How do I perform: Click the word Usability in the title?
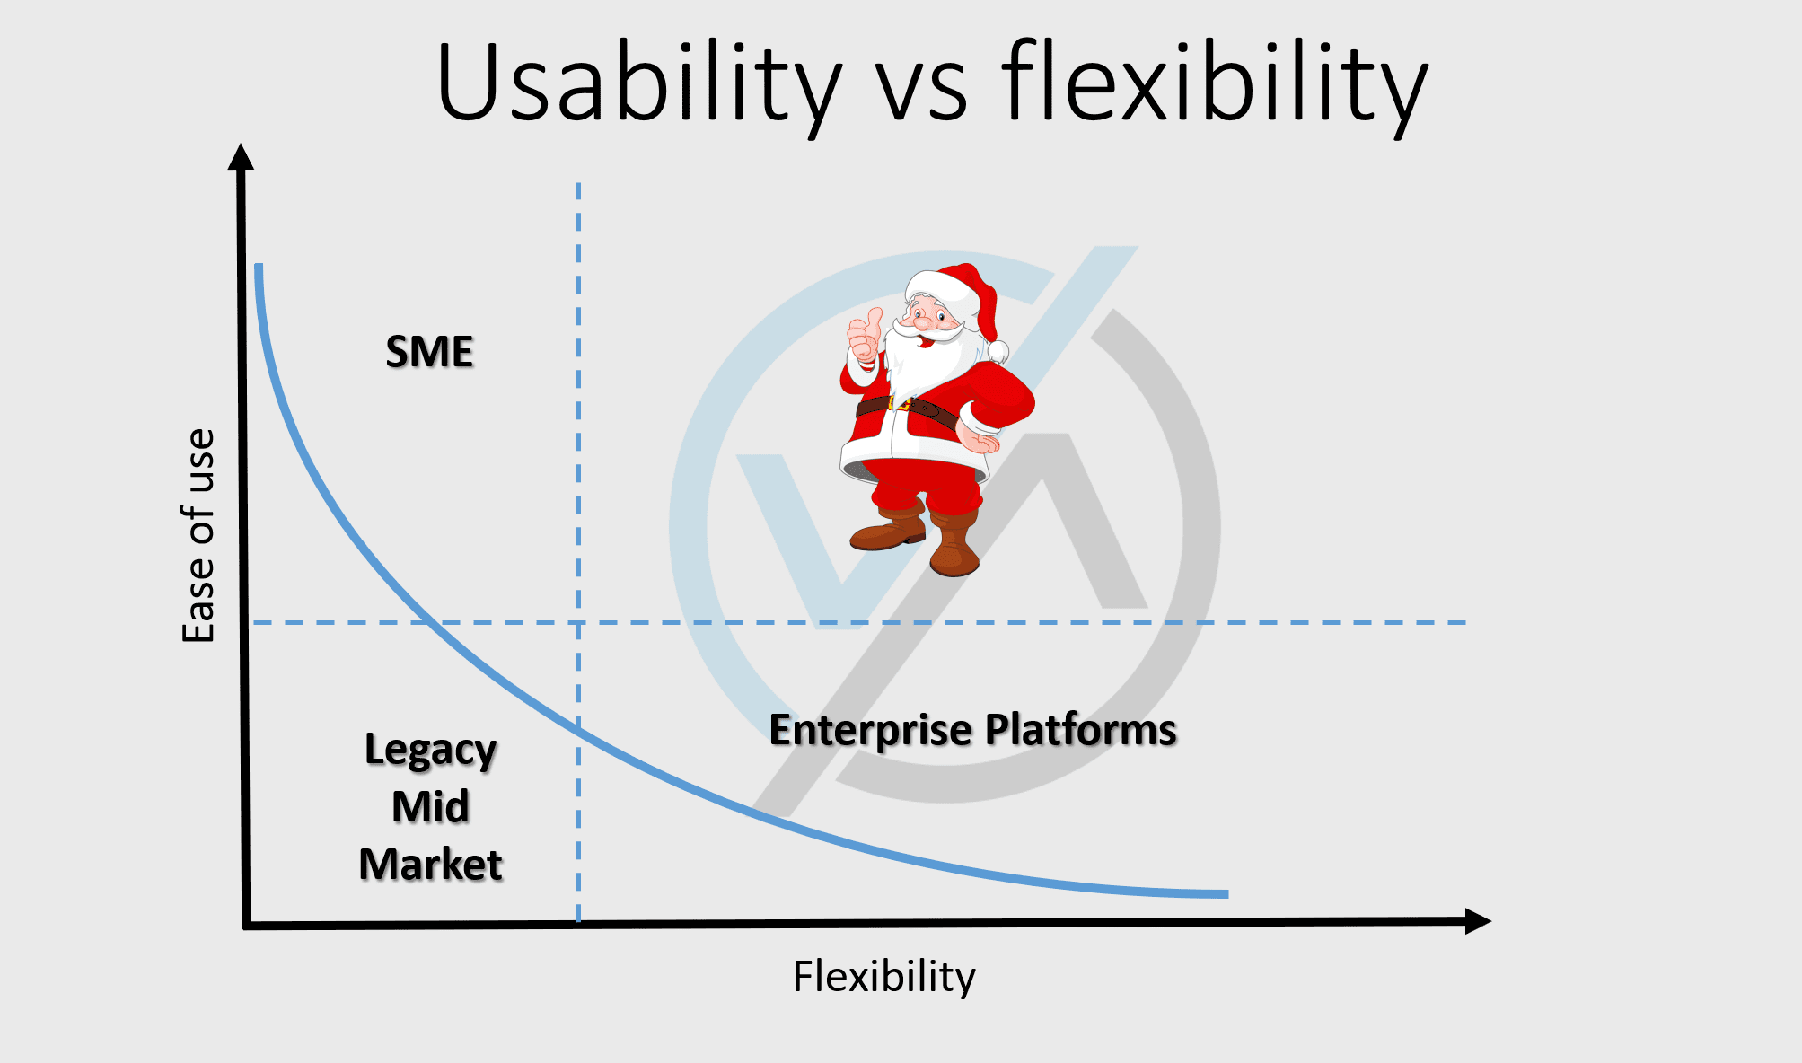point(638,83)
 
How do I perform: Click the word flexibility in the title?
point(1214,83)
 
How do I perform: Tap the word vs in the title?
point(921,94)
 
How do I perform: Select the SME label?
point(429,352)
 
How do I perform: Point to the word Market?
point(430,865)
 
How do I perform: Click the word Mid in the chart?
point(430,806)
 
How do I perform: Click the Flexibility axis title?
point(883,976)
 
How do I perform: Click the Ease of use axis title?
point(198,535)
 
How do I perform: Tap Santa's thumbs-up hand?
point(865,336)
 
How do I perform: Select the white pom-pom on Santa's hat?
point(997,350)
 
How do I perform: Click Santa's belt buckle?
point(899,404)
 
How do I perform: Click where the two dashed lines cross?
point(578,622)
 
